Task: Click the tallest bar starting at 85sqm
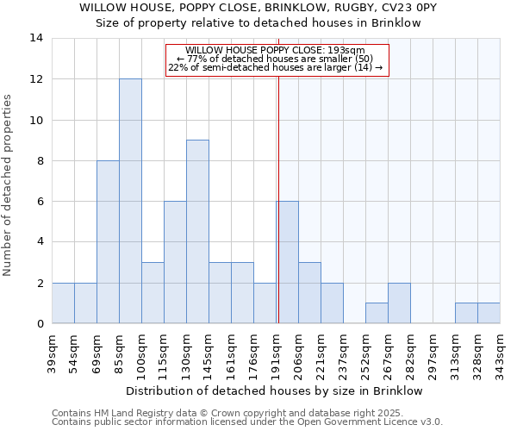[130, 201]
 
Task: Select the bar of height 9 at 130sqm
[197, 232]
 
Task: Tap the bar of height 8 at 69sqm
[108, 242]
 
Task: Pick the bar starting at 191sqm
[287, 262]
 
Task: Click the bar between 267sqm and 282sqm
[399, 303]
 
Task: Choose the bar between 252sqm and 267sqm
[377, 313]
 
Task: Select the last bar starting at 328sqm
[489, 313]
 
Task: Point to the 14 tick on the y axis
[36, 38]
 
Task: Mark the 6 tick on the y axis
[40, 202]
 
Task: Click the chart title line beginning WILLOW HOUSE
[258, 7]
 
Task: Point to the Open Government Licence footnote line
[247, 422]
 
